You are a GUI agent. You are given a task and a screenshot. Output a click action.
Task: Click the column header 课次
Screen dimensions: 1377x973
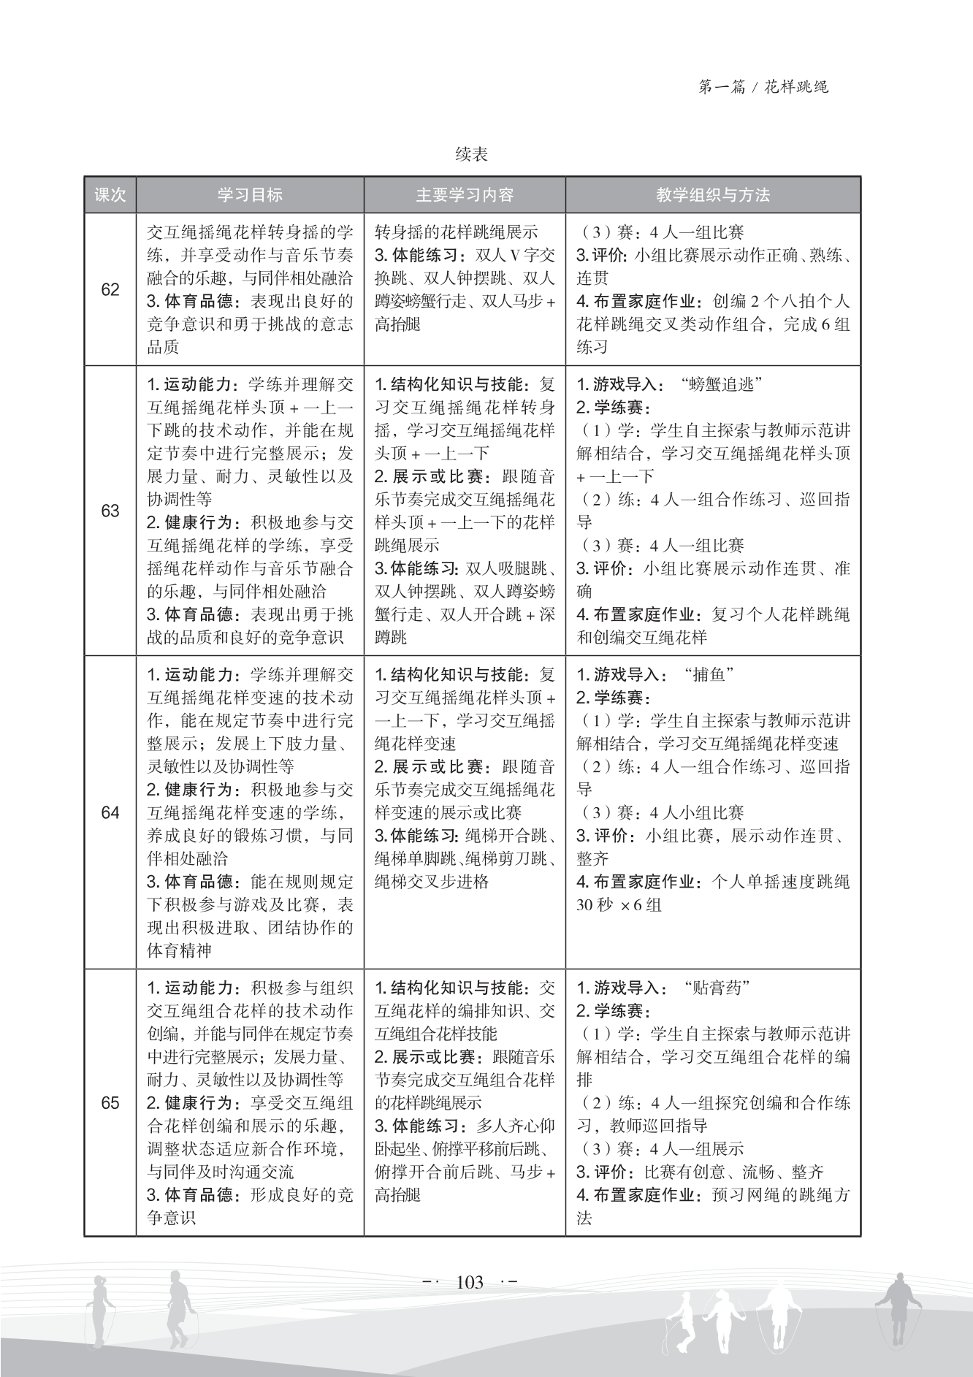pos(110,195)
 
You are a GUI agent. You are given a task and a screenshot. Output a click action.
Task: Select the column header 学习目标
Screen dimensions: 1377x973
pos(250,195)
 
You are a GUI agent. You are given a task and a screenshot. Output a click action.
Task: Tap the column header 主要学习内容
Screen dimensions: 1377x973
pos(465,195)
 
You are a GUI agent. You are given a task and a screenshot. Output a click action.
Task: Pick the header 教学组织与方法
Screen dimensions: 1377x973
pos(713,195)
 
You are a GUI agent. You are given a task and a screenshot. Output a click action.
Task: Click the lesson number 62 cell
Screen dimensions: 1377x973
pos(110,290)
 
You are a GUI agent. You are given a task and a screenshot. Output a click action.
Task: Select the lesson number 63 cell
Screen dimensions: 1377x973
pos(110,511)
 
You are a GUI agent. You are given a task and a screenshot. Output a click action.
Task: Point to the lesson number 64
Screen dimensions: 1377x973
pos(110,812)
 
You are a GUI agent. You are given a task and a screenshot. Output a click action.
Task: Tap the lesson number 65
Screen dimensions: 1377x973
pos(110,1102)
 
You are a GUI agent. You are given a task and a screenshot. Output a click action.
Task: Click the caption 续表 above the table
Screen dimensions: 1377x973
pos(471,154)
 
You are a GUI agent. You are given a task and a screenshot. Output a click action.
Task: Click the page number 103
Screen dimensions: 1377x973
pos(470,1282)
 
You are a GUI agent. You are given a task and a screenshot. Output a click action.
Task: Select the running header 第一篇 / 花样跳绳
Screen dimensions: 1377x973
pos(763,88)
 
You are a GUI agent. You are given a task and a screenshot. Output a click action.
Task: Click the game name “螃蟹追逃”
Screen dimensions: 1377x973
pos(720,384)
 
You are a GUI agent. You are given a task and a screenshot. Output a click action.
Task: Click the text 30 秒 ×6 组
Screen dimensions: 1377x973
pos(619,905)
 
